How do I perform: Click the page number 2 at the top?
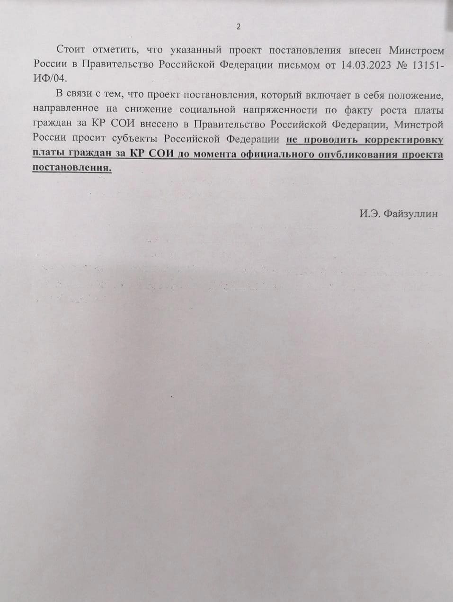pyautogui.click(x=239, y=27)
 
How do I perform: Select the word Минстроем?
pyautogui.click(x=417, y=50)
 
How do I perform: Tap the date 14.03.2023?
pyautogui.click(x=366, y=65)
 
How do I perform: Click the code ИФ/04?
pyautogui.click(x=50, y=77)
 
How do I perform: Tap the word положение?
pyautogui.click(x=416, y=96)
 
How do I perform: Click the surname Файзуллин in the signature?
pyautogui.click(x=410, y=214)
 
